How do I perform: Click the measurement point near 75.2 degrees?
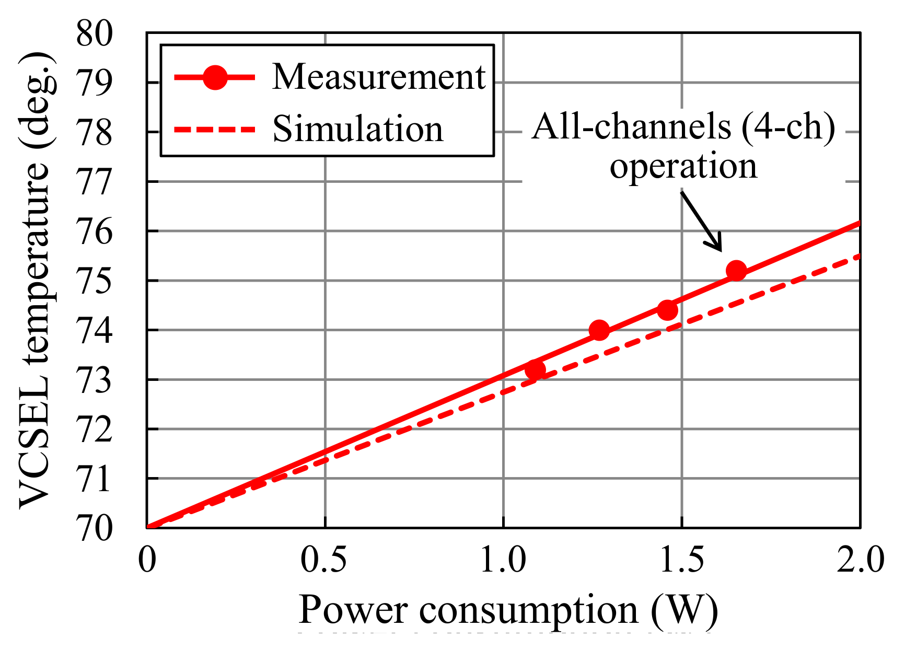pos(736,271)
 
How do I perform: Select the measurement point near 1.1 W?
pos(535,370)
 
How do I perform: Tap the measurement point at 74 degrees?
pos(599,330)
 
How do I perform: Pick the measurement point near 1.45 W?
pos(667,310)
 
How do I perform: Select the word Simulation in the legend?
pos(358,129)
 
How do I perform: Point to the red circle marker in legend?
pos(215,77)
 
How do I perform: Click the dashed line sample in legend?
pos(215,129)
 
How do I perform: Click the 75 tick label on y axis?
pos(94,281)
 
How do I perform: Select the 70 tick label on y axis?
pos(94,528)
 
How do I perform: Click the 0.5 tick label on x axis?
pos(323,560)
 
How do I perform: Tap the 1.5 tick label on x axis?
pos(681,560)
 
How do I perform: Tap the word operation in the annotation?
pos(683,166)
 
